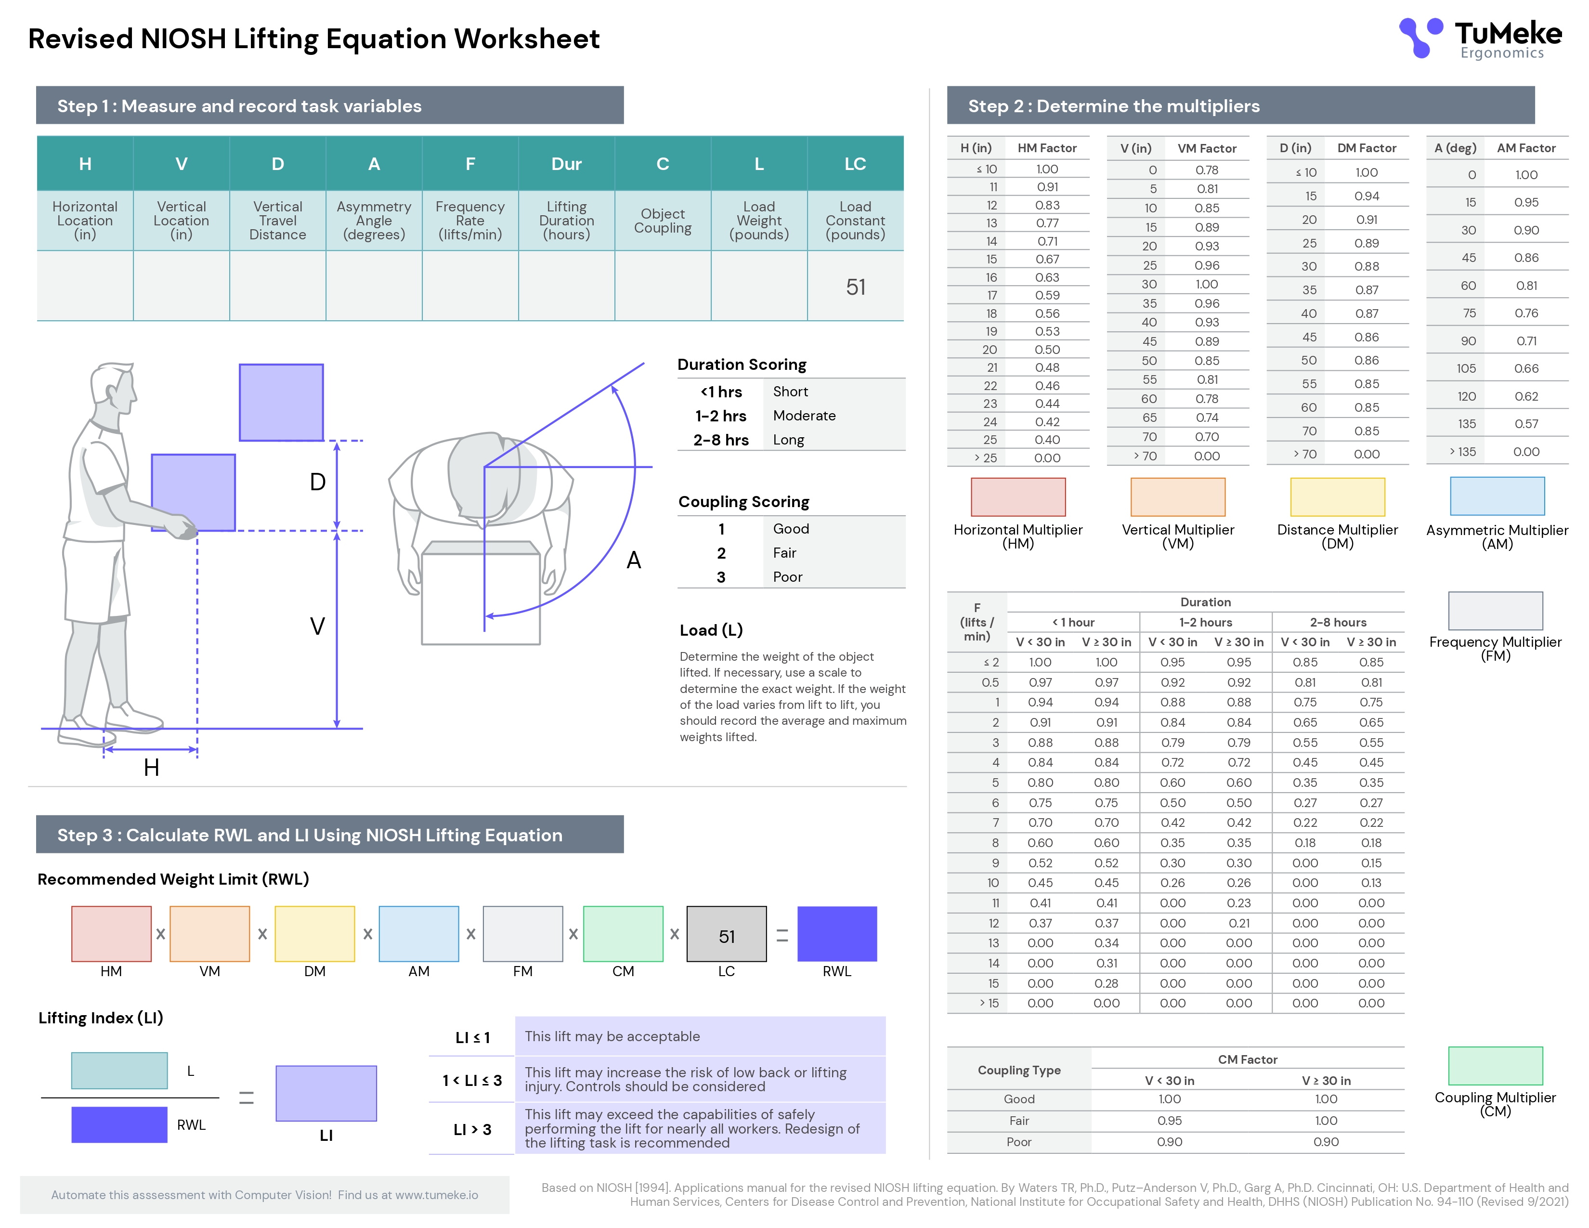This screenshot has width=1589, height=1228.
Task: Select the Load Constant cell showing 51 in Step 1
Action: coord(856,287)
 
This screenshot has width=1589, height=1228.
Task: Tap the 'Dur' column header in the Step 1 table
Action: coord(566,164)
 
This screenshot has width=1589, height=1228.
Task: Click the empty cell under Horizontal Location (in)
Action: coord(85,286)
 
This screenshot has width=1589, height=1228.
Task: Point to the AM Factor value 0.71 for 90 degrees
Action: coord(1526,340)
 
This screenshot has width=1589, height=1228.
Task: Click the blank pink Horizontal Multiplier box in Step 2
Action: coord(1018,497)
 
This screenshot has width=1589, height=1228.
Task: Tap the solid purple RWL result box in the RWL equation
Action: coord(837,933)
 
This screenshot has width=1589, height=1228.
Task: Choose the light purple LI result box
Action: coord(326,1093)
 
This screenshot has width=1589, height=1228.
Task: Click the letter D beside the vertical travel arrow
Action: coord(317,482)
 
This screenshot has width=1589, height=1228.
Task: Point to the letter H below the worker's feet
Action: coord(151,767)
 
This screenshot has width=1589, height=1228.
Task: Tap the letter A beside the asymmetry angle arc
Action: coord(634,560)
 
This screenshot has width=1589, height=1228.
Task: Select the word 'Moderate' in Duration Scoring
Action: coord(804,416)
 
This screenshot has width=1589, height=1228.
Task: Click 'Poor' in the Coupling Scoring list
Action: coord(787,577)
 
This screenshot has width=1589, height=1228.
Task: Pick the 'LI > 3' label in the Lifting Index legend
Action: coord(472,1129)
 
